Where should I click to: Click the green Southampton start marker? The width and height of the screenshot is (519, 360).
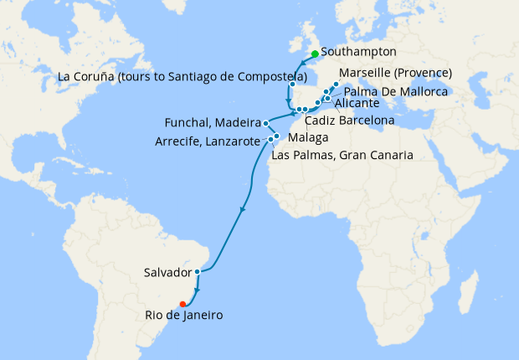[315, 54]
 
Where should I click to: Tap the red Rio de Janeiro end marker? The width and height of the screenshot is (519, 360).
[182, 304]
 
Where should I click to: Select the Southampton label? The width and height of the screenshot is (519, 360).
[358, 52]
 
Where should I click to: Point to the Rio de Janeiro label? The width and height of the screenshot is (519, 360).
[182, 316]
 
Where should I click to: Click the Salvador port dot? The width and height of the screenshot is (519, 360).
[197, 271]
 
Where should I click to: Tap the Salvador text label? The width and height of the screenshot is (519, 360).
[167, 273]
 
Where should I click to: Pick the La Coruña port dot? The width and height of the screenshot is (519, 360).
[292, 85]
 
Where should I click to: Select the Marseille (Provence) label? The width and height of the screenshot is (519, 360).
[396, 73]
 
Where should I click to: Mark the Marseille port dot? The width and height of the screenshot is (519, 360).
[335, 85]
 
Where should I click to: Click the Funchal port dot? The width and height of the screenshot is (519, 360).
[265, 122]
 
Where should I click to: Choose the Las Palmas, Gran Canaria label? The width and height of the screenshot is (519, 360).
[343, 155]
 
